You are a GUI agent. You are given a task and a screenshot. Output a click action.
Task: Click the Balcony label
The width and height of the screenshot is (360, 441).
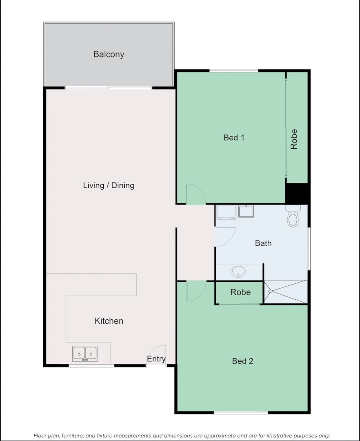coord(109,54)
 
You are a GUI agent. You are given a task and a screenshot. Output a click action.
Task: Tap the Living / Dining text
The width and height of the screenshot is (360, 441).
coord(109,185)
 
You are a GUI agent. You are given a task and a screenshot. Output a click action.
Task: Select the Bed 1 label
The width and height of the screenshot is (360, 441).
coord(234,138)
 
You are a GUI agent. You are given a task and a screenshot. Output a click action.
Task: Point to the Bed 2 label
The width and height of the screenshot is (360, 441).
coord(242,361)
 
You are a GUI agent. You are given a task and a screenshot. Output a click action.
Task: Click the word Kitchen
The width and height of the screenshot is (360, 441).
coord(109,321)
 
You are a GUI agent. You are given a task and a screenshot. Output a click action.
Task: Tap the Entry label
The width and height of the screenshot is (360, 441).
coord(156,359)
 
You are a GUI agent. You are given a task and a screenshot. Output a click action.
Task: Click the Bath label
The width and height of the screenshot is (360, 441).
coord(263,243)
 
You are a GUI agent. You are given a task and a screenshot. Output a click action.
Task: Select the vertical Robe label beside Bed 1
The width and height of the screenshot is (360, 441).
coord(294,139)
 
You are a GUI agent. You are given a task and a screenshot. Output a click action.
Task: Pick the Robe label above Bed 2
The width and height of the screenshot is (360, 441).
coord(240,292)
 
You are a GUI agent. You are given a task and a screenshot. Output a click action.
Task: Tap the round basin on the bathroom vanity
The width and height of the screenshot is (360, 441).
coord(238,271)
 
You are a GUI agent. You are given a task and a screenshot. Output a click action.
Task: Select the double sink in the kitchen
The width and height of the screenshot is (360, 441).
coord(85,353)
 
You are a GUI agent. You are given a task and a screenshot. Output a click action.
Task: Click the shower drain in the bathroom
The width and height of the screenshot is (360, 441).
coord(270,291)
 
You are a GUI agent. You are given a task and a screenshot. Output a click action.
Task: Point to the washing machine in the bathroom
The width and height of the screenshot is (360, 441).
coord(227,212)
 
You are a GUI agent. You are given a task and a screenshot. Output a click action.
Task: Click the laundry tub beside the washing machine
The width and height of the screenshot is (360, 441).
coord(246,212)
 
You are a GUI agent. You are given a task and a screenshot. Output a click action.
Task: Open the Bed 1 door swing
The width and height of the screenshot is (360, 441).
coord(195,195)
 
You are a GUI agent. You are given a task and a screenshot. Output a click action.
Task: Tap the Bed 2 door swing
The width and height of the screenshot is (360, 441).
coord(195,291)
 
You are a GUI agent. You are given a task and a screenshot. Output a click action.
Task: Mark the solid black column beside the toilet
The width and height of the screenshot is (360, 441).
coord(296,193)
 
